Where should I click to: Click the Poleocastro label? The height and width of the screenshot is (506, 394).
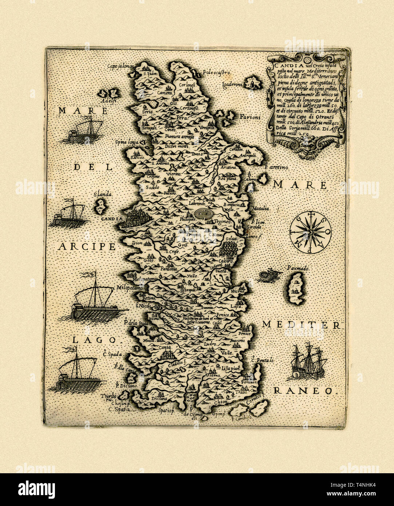(217, 73)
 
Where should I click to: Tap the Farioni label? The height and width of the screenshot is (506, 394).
(250, 117)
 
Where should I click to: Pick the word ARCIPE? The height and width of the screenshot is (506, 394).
(87, 246)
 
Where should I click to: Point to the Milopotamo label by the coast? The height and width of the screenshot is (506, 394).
(131, 287)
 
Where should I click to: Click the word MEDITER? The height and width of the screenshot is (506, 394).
(301, 324)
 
